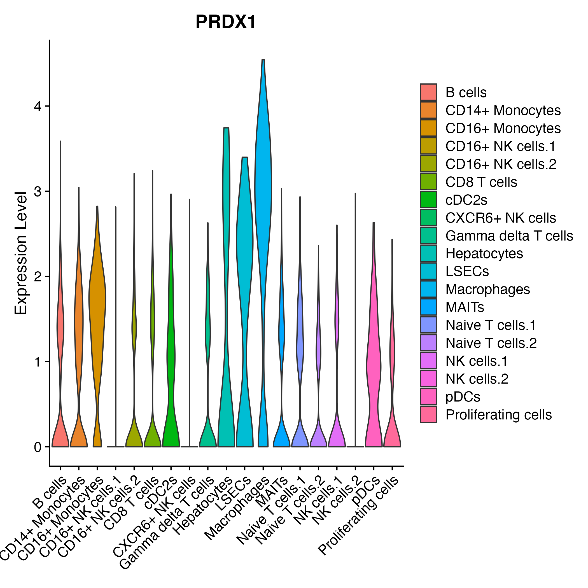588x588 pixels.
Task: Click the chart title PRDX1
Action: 225,22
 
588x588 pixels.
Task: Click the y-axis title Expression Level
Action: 21,253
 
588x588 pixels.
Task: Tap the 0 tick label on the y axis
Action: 38,447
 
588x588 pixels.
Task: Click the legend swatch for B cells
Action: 428,92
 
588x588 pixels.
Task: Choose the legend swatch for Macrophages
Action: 428,289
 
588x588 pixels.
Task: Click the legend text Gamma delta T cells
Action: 509,236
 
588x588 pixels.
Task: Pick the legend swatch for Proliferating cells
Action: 428,414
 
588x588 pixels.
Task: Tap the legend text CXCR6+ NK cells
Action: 500,218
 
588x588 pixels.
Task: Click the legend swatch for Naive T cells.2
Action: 428,343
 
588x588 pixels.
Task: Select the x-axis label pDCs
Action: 366,489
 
